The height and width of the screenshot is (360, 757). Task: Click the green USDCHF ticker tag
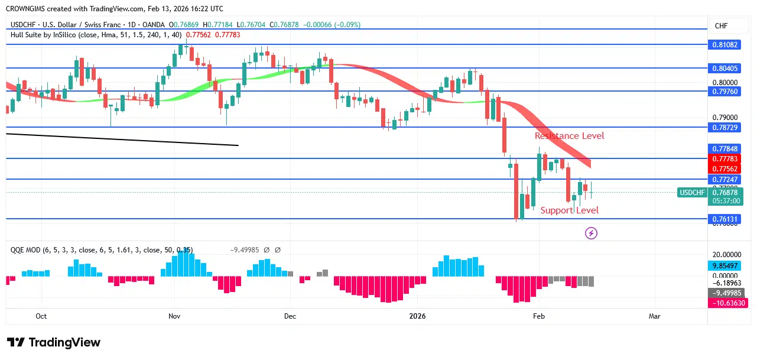coord(692,193)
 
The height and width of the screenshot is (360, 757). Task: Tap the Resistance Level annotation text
coord(569,136)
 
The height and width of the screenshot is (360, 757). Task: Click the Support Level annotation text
coord(569,210)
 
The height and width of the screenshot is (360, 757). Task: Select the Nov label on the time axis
coord(174,316)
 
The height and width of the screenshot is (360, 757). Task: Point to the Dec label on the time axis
coord(290,316)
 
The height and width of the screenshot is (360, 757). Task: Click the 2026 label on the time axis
coord(418,316)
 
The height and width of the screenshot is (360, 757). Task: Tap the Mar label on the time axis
coord(654,316)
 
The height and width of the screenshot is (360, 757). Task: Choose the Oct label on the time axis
coord(41,316)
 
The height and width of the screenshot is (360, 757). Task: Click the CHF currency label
coord(721,26)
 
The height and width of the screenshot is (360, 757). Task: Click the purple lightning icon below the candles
coord(591,233)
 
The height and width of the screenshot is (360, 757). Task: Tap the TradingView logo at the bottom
coord(54,342)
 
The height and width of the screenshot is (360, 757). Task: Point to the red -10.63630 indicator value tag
coord(727,303)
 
